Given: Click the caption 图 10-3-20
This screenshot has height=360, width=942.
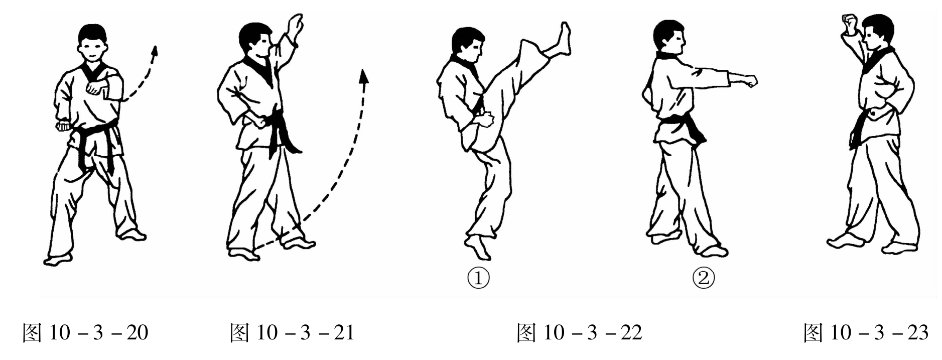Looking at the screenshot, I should [85, 333].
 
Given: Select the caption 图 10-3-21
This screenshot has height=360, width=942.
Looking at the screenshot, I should [292, 333].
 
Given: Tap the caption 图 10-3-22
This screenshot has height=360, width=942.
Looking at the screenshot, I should [580, 333].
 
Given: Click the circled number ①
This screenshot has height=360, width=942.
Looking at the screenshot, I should [478, 278].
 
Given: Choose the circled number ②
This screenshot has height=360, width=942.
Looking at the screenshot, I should [704, 278].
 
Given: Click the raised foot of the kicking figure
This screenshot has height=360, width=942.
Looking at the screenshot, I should [562, 40].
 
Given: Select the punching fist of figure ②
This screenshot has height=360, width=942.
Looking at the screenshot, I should [749, 81].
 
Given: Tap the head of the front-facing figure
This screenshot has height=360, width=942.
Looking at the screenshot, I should [93, 43].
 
